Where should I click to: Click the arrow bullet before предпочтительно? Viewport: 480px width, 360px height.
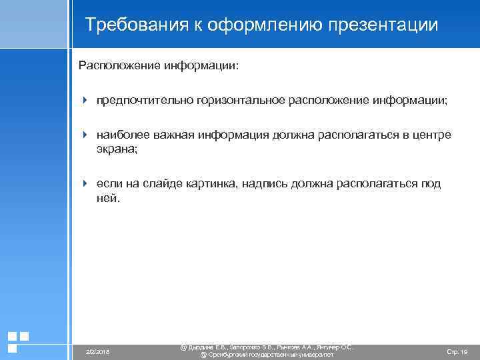pos(85,100)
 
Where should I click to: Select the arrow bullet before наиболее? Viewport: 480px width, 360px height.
pos(85,135)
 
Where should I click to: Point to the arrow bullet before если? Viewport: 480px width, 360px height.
pos(85,183)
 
